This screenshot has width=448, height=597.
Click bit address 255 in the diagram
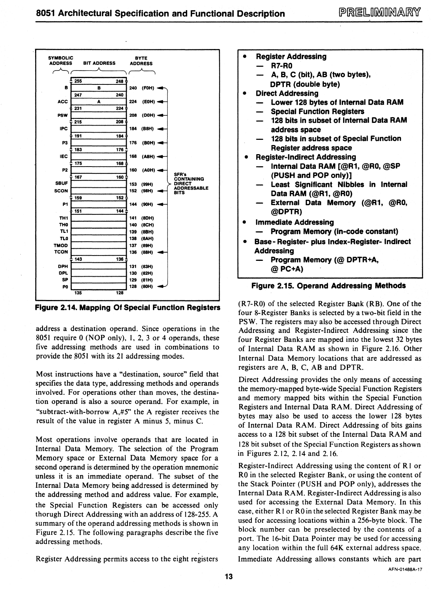tap(78, 81)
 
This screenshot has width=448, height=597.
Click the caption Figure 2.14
tap(127, 308)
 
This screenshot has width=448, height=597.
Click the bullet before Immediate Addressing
tap(245, 222)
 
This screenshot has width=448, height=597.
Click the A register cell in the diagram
tap(99, 101)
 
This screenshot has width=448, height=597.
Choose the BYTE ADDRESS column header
tap(141, 61)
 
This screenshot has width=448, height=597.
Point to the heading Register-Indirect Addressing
tap(306, 157)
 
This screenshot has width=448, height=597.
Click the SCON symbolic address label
tap(61, 191)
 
